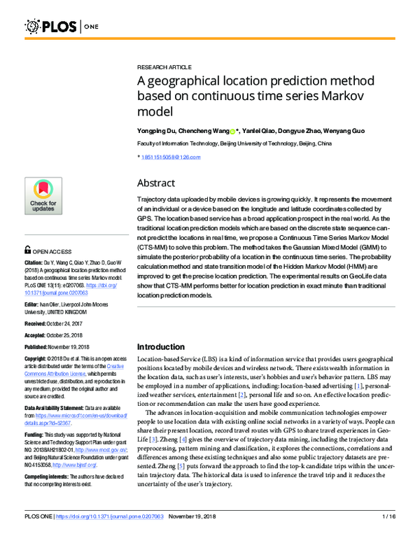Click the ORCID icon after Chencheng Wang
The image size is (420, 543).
(232, 131)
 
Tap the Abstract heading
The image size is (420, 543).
(155, 183)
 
